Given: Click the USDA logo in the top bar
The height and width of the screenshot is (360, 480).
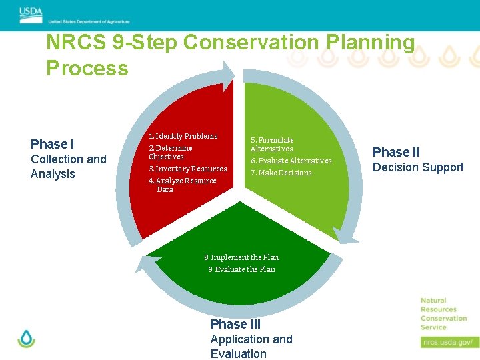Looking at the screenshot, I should coord(30,11).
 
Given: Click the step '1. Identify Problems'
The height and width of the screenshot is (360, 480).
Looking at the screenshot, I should coord(183,136).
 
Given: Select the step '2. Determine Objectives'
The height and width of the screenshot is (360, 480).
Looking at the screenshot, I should coord(170,152).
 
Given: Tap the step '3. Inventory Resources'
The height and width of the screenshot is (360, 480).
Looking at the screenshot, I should coord(187,169).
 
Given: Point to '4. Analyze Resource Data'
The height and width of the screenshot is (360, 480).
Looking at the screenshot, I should coord(182,185).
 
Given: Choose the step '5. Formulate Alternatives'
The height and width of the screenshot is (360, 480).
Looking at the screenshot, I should coord(272,144).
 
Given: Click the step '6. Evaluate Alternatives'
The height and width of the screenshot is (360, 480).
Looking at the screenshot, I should coord(291,161).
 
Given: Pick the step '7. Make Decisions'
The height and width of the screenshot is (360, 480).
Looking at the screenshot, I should coord(281,173).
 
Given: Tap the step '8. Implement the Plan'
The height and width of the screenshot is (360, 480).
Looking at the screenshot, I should coord(241,257).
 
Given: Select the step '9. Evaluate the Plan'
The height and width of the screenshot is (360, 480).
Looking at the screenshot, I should coord(239,269).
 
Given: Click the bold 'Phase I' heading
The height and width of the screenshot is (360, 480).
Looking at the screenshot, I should coord(53,144).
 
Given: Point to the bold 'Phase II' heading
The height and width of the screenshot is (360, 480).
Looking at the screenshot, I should coord(396,152).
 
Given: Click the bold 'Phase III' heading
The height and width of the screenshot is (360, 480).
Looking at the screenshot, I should coord(235,324).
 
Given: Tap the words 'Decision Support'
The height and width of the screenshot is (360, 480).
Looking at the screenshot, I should coord(418,167).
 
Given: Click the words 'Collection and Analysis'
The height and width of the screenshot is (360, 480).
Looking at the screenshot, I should coord(68,167).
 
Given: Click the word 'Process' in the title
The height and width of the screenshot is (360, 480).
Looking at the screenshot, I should coord(87,68).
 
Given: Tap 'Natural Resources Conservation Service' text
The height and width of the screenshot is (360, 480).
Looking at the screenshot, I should coord(443,314).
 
